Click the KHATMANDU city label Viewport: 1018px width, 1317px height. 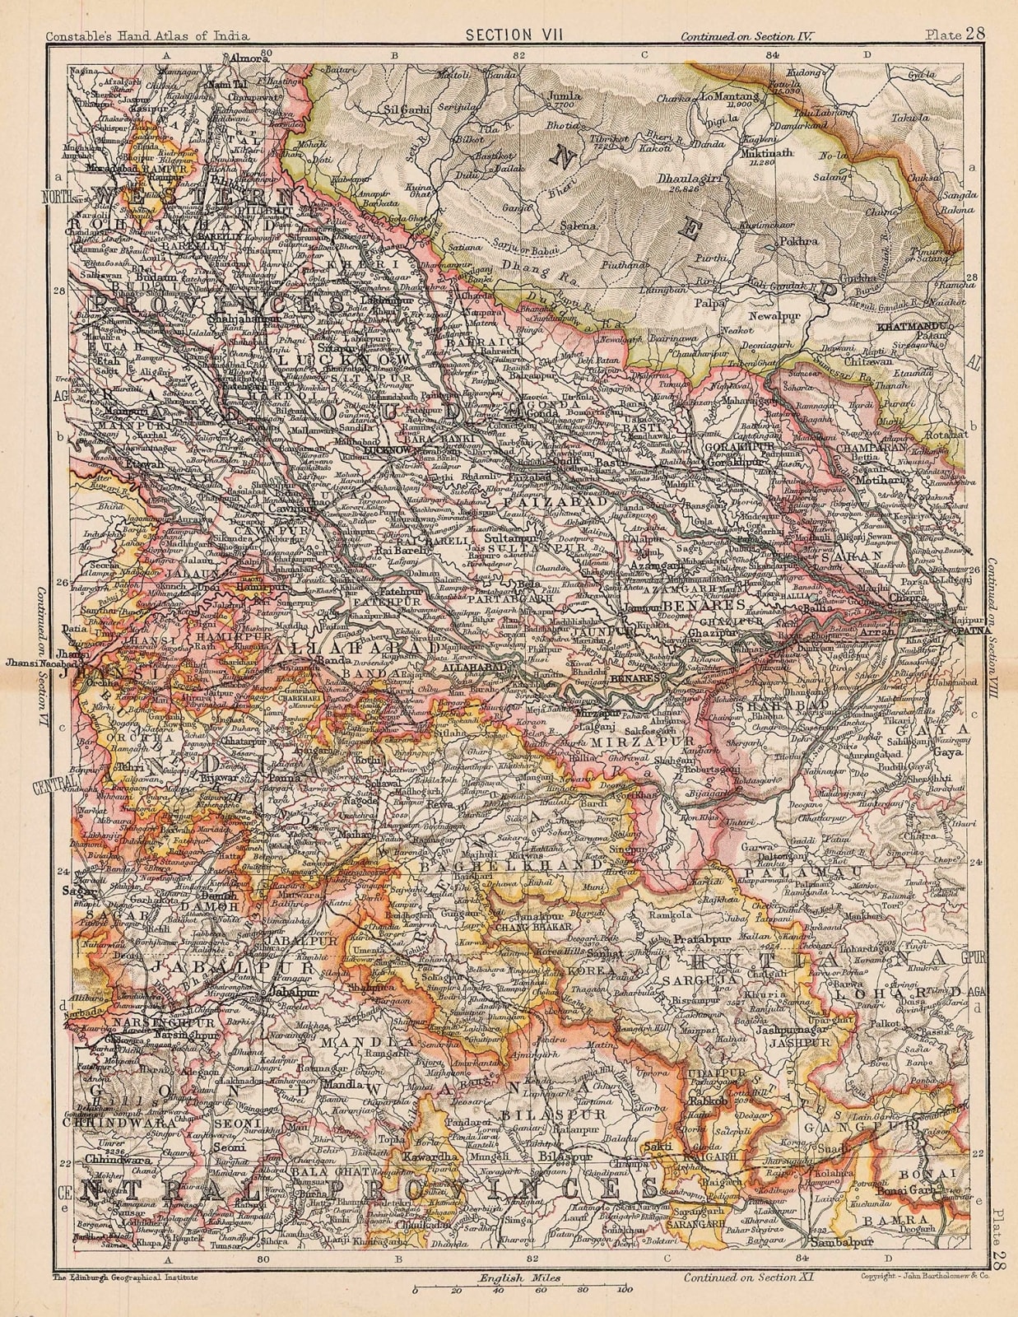pyautogui.click(x=914, y=328)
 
